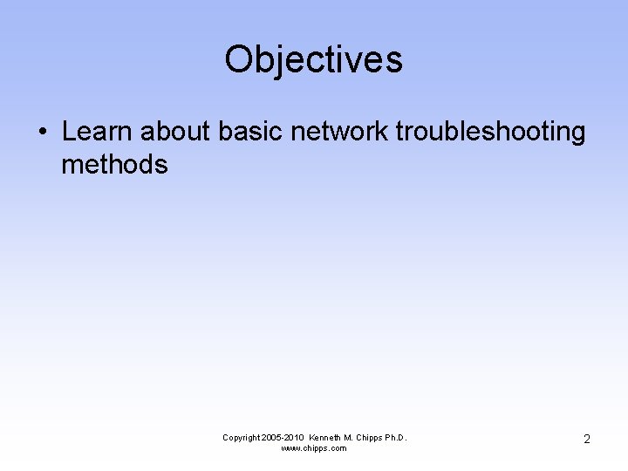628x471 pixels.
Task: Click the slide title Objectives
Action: [313, 60]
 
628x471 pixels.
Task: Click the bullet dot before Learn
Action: [42, 133]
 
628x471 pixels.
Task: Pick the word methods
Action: [114, 164]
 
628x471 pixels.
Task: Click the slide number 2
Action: [586, 440]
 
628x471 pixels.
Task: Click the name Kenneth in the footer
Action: [328, 438]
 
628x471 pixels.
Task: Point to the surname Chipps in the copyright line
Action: [371, 438]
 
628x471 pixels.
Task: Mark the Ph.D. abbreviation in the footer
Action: [396, 438]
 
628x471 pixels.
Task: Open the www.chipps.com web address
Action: [313, 448]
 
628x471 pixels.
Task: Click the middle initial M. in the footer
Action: [352, 438]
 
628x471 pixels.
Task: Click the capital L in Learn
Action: [70, 132]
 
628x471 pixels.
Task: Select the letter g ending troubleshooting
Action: [577, 134]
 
